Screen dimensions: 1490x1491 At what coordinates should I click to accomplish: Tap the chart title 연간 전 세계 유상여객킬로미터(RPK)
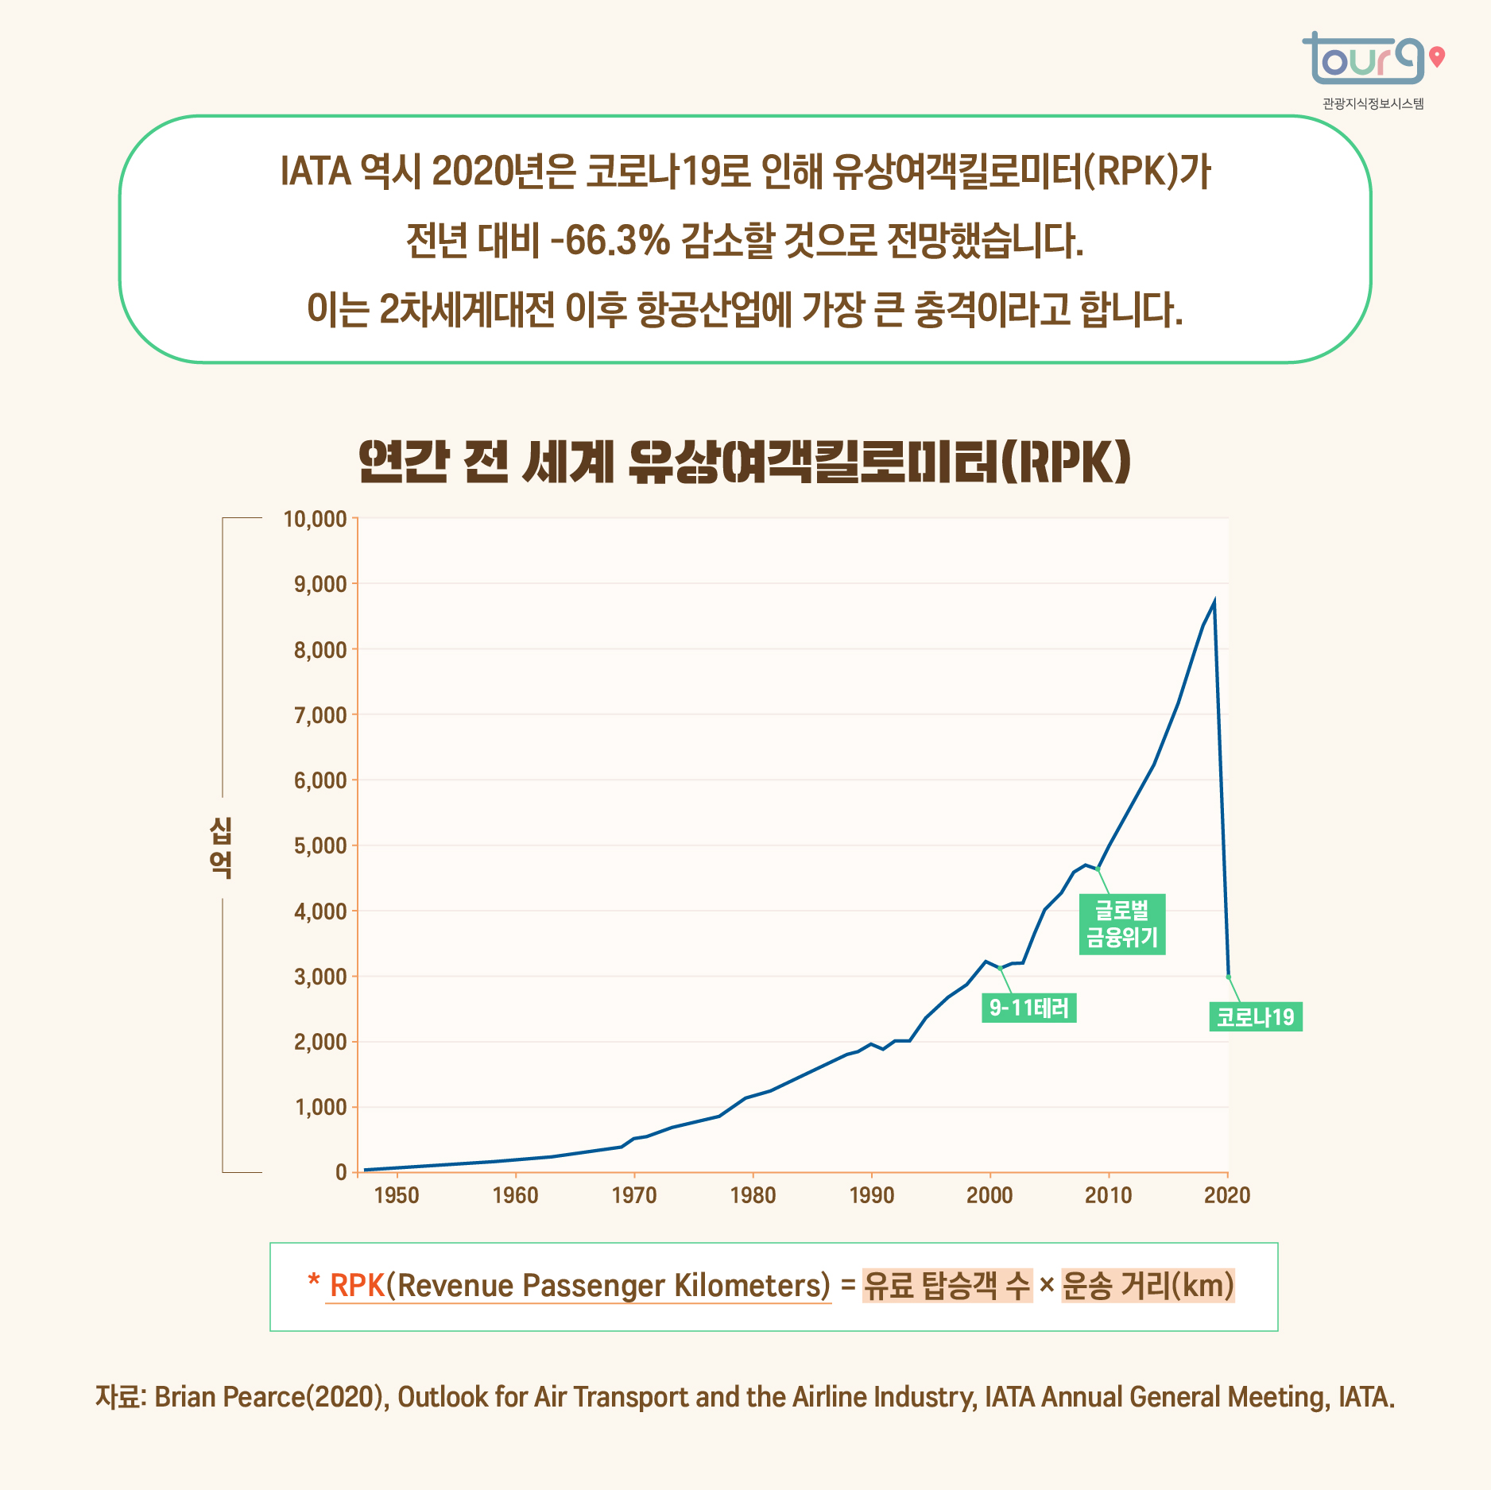745,462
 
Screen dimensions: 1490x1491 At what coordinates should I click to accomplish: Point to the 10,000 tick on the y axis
316,520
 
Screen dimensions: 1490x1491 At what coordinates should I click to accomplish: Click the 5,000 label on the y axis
320,846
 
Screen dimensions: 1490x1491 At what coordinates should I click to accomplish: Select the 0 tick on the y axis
341,1172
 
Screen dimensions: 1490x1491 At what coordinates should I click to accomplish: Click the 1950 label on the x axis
396,1195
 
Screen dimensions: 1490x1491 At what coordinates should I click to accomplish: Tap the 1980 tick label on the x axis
753,1195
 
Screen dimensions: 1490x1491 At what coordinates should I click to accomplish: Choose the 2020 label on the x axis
1227,1195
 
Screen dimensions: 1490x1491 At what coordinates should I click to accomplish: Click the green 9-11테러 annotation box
1029,1008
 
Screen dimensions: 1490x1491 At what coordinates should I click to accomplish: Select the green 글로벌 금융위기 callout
1122,924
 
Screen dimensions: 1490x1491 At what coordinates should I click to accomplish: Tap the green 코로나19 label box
1256,1017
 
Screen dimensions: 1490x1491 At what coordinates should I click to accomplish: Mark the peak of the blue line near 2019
1214,601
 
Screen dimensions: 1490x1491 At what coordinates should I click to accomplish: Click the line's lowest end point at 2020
1229,977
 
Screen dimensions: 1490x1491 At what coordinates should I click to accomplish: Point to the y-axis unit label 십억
221,847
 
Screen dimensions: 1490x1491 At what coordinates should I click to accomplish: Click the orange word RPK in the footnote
357,1286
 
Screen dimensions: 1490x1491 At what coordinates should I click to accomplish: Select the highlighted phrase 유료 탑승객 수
947,1286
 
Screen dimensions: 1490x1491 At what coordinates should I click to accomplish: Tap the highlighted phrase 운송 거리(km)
1148,1286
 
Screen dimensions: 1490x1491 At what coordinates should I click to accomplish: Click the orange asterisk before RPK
314,1281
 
